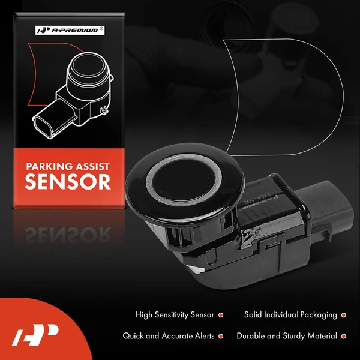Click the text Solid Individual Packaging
[290, 314]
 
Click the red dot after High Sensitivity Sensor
[221, 314]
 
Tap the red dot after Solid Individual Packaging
[343, 314]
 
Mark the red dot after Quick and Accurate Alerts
[221, 337]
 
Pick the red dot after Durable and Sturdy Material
[343, 337]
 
